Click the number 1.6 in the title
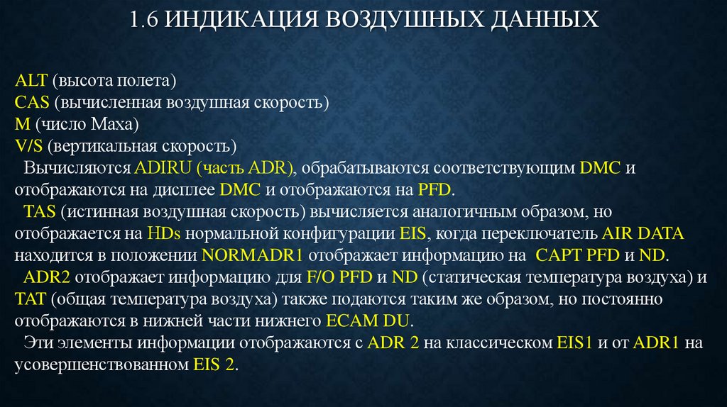(144, 20)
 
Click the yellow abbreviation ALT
(29, 80)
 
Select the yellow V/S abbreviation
(29, 146)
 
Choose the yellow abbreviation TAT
(31, 300)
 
